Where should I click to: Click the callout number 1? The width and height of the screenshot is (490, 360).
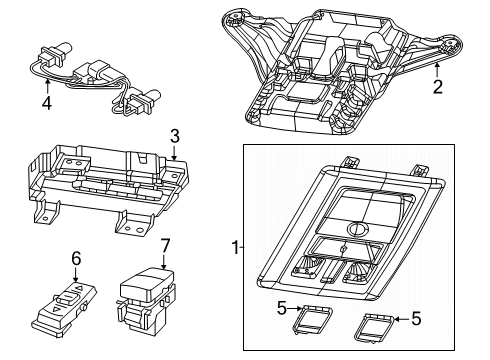[235, 246]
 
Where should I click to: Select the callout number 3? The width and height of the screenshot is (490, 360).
[173, 136]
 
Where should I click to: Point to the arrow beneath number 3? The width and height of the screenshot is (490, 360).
[173, 153]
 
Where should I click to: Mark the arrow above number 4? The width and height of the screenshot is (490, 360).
[46, 84]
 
